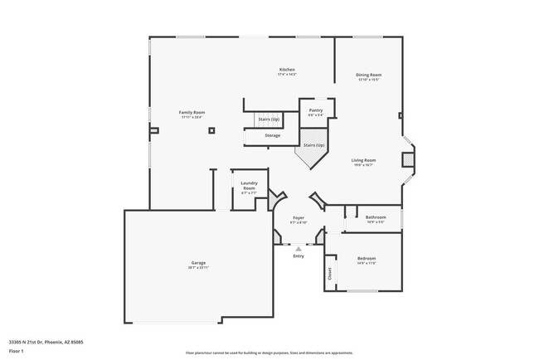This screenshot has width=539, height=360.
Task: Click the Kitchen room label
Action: point(287,70)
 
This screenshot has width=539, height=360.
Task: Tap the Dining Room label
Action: point(369,75)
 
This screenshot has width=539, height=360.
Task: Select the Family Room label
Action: point(192,112)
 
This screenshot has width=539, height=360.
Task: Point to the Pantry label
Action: point(316,110)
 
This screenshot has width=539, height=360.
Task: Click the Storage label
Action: point(272,135)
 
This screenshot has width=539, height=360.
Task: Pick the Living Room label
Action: point(363,160)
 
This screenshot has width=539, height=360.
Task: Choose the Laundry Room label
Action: point(249,186)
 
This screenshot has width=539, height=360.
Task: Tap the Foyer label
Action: point(299,217)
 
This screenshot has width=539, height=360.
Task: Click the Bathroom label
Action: point(376,217)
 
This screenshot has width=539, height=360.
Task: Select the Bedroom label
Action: point(367,259)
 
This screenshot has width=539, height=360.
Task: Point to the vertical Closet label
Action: point(330,273)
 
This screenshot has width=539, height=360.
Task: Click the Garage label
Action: point(198,263)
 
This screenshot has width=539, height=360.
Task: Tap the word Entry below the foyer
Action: point(299,255)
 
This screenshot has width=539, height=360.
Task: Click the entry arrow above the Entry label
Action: point(299,247)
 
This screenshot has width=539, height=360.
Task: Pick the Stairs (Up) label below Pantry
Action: point(313,145)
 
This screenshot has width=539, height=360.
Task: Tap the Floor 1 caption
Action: point(17,349)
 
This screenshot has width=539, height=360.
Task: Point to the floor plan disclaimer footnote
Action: point(269,352)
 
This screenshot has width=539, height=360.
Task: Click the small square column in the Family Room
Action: point(212,130)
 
